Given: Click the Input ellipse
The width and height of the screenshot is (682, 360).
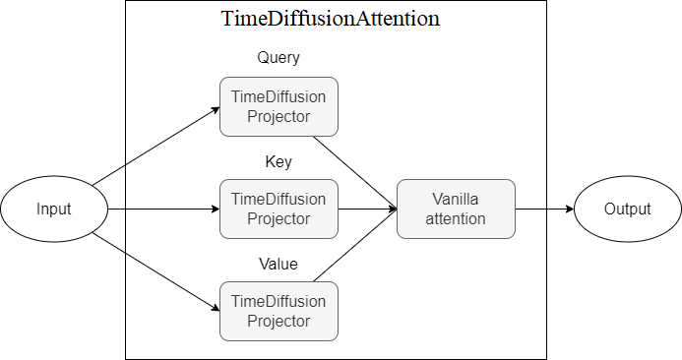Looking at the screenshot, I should [54, 209].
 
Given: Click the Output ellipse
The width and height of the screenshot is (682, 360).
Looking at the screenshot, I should [628, 209].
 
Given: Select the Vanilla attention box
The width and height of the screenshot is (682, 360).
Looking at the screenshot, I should [456, 209].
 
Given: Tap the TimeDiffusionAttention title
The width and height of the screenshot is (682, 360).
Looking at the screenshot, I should [331, 19].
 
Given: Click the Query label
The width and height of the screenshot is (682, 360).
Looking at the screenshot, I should [279, 57].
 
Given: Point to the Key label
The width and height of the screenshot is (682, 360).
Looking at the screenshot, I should [279, 160].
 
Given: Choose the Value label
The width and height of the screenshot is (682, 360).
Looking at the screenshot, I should [279, 264].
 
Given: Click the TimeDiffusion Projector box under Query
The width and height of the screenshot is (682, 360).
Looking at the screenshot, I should [279, 106].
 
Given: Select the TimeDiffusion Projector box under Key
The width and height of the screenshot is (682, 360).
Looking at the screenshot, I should [279, 209].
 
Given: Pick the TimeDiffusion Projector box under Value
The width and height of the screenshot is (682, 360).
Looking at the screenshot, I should [279, 311].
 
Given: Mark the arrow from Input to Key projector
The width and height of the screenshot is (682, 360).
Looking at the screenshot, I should [162, 209].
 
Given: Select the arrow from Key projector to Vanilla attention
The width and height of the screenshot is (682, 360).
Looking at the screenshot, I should [366, 209].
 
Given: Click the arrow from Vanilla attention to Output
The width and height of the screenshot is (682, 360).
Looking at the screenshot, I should [543, 209].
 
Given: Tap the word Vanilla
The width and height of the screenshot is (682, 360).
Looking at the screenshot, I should [456, 199].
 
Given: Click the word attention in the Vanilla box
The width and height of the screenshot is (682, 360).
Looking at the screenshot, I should [456, 218].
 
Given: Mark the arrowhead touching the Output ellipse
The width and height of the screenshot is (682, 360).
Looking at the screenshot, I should [569, 209].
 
